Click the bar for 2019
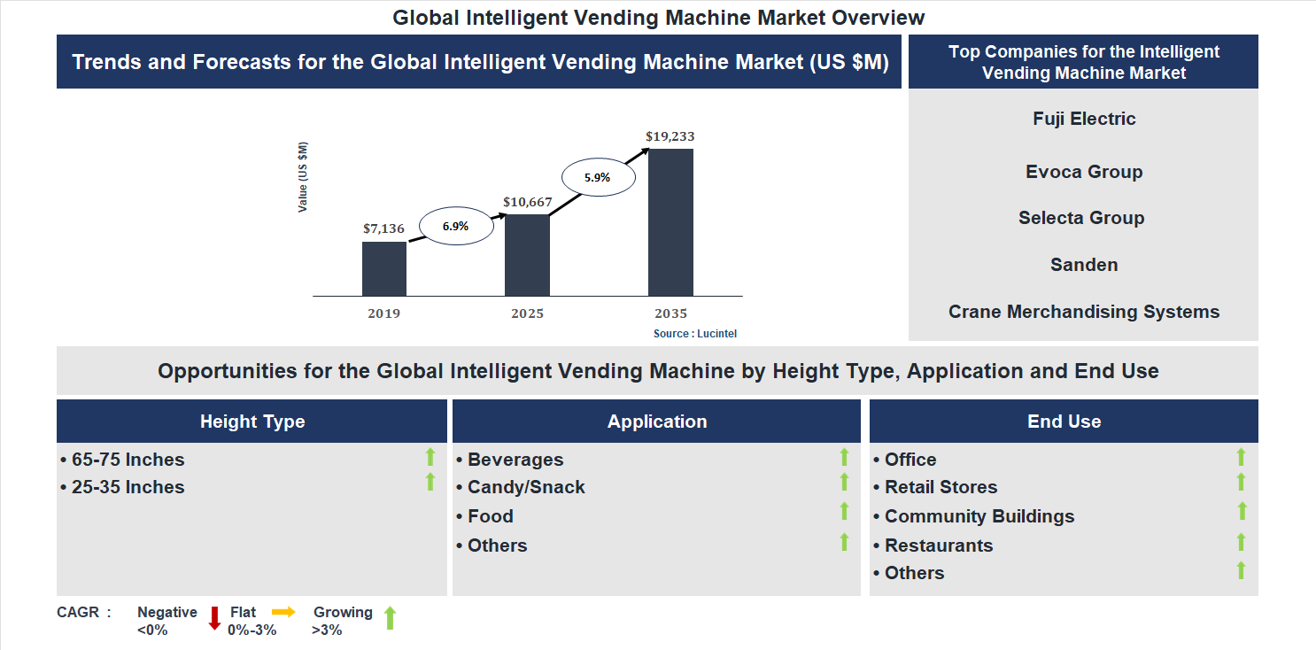[x=383, y=268]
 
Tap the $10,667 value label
[x=527, y=202]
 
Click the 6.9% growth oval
[x=455, y=226]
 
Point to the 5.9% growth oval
[x=597, y=177]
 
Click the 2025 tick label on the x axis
[x=527, y=313]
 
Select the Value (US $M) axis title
[x=303, y=177]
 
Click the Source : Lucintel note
[x=695, y=334]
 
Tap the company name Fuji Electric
[x=1084, y=119]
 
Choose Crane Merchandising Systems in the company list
[x=1084, y=312]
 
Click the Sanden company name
[x=1084, y=265]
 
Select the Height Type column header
[x=252, y=422]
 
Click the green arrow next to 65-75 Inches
[x=430, y=457]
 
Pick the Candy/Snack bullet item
[x=526, y=487]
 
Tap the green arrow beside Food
[x=844, y=511]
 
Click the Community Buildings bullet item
[x=979, y=516]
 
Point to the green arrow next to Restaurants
[x=1241, y=542]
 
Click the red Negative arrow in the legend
[x=214, y=618]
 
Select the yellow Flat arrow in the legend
[x=283, y=612]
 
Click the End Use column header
[x=1064, y=422]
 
